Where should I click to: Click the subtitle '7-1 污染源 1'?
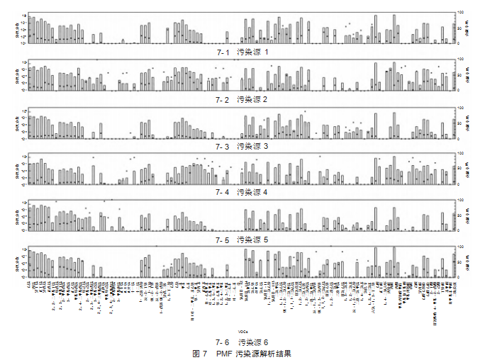point(242,52)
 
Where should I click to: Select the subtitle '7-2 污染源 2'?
point(242,99)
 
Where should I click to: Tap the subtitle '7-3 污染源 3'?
point(242,145)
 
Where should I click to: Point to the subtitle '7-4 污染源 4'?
point(242,192)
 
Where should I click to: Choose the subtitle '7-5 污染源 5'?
point(242,240)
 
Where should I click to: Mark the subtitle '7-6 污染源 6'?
point(242,342)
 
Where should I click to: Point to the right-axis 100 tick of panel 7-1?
point(460,13)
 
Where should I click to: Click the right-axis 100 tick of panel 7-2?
point(460,60)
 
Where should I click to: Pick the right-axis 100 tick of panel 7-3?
point(460,107)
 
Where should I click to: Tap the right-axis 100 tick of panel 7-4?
point(460,154)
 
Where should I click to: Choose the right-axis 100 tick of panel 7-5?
point(460,201)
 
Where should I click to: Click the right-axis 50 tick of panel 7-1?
point(459,28)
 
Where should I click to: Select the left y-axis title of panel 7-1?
point(16,28)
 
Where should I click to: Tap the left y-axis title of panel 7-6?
point(16,262)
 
